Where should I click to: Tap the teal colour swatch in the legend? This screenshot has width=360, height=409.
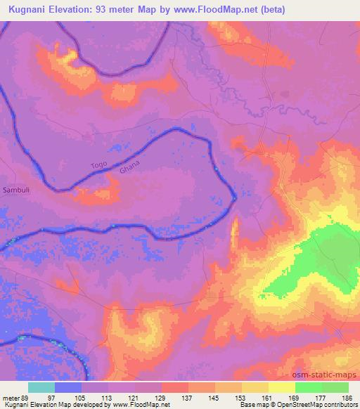coord(41,387)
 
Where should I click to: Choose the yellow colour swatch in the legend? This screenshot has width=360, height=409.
coord(282,387)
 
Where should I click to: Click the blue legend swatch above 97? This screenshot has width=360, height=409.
coord(68,387)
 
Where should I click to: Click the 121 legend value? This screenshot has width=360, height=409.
coord(134,398)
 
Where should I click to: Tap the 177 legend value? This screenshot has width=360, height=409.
coord(321,398)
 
